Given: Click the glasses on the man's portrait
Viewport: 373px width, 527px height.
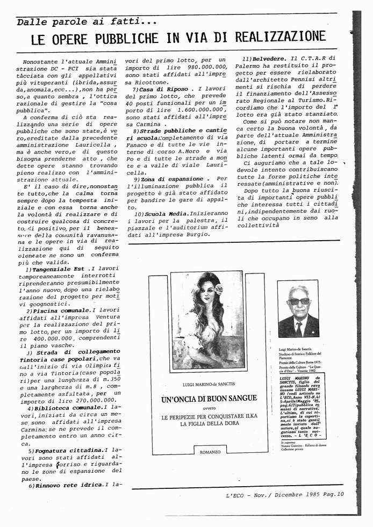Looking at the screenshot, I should click(x=298, y=301).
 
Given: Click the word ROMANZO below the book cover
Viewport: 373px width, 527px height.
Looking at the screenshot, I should click(x=210, y=452).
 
